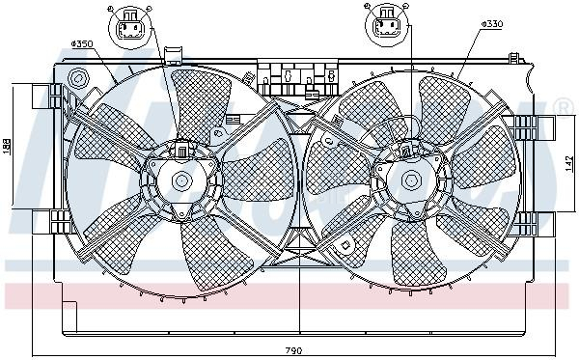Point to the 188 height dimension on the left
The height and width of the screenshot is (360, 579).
coord(8,145)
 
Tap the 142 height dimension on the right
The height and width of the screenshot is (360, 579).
coord(569,162)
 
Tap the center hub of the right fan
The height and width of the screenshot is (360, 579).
coord(410,179)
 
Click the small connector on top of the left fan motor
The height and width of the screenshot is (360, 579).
coord(180,150)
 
